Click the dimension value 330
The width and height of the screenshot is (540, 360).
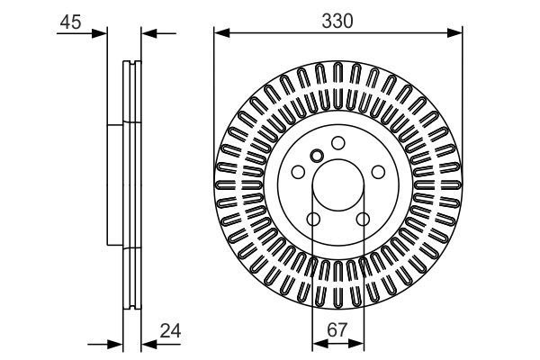[x=338, y=16]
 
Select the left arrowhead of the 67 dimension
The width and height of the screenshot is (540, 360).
[x=318, y=343]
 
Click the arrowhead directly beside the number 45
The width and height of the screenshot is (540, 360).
[x=99, y=34]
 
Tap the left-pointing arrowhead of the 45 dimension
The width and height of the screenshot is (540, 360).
[x=150, y=34]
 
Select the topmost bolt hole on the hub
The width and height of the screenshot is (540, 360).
[x=337, y=142]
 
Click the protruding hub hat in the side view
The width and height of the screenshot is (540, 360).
[x=113, y=184]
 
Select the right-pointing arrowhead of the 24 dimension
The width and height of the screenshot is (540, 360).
[x=114, y=343]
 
